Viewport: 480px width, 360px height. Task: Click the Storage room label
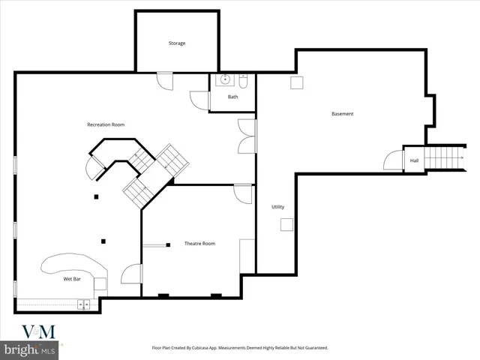(x=176, y=43)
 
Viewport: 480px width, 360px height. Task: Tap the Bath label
(x=233, y=97)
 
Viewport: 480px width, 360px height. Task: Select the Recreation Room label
(x=106, y=124)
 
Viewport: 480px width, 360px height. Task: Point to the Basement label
(x=342, y=114)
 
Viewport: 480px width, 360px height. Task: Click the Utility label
(x=277, y=207)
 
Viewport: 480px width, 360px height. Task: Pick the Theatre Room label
(x=199, y=244)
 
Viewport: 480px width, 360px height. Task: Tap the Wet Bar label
(x=72, y=279)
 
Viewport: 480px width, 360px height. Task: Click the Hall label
(x=414, y=160)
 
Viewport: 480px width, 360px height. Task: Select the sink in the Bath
(x=224, y=79)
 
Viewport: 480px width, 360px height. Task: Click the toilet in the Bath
(x=244, y=79)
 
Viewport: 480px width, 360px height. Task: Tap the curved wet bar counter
(x=71, y=265)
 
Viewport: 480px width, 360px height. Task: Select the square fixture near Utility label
(x=286, y=224)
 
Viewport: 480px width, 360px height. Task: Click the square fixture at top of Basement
(x=296, y=83)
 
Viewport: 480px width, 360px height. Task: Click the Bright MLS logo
(x=30, y=349)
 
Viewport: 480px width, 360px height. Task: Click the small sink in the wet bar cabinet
(x=83, y=304)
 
